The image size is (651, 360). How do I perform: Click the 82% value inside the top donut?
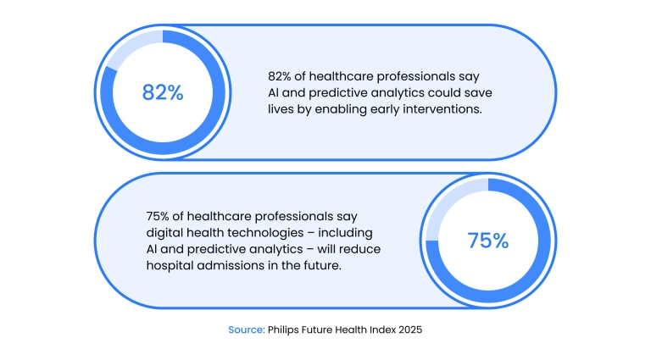coord(163,92)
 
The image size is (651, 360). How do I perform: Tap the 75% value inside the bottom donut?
coord(487,241)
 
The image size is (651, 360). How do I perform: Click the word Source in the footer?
coord(246,330)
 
